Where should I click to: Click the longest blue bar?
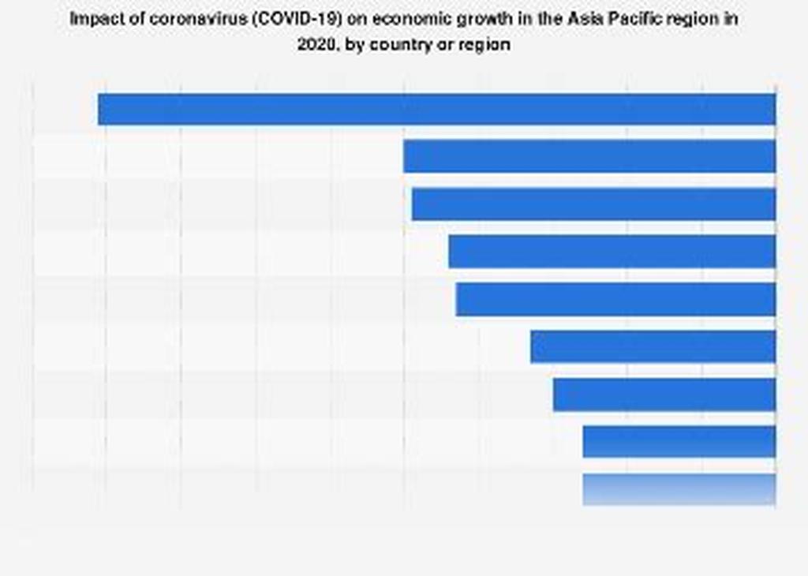click(x=436, y=109)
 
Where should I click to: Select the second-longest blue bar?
click(x=589, y=156)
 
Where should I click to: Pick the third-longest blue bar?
click(x=593, y=204)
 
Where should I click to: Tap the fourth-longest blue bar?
click(x=612, y=252)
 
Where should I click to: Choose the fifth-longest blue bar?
click(x=615, y=299)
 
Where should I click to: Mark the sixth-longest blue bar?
click(x=653, y=346)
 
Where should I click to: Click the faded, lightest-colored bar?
click(x=679, y=489)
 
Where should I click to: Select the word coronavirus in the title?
click(x=179, y=20)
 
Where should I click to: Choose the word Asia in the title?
click(x=585, y=20)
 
